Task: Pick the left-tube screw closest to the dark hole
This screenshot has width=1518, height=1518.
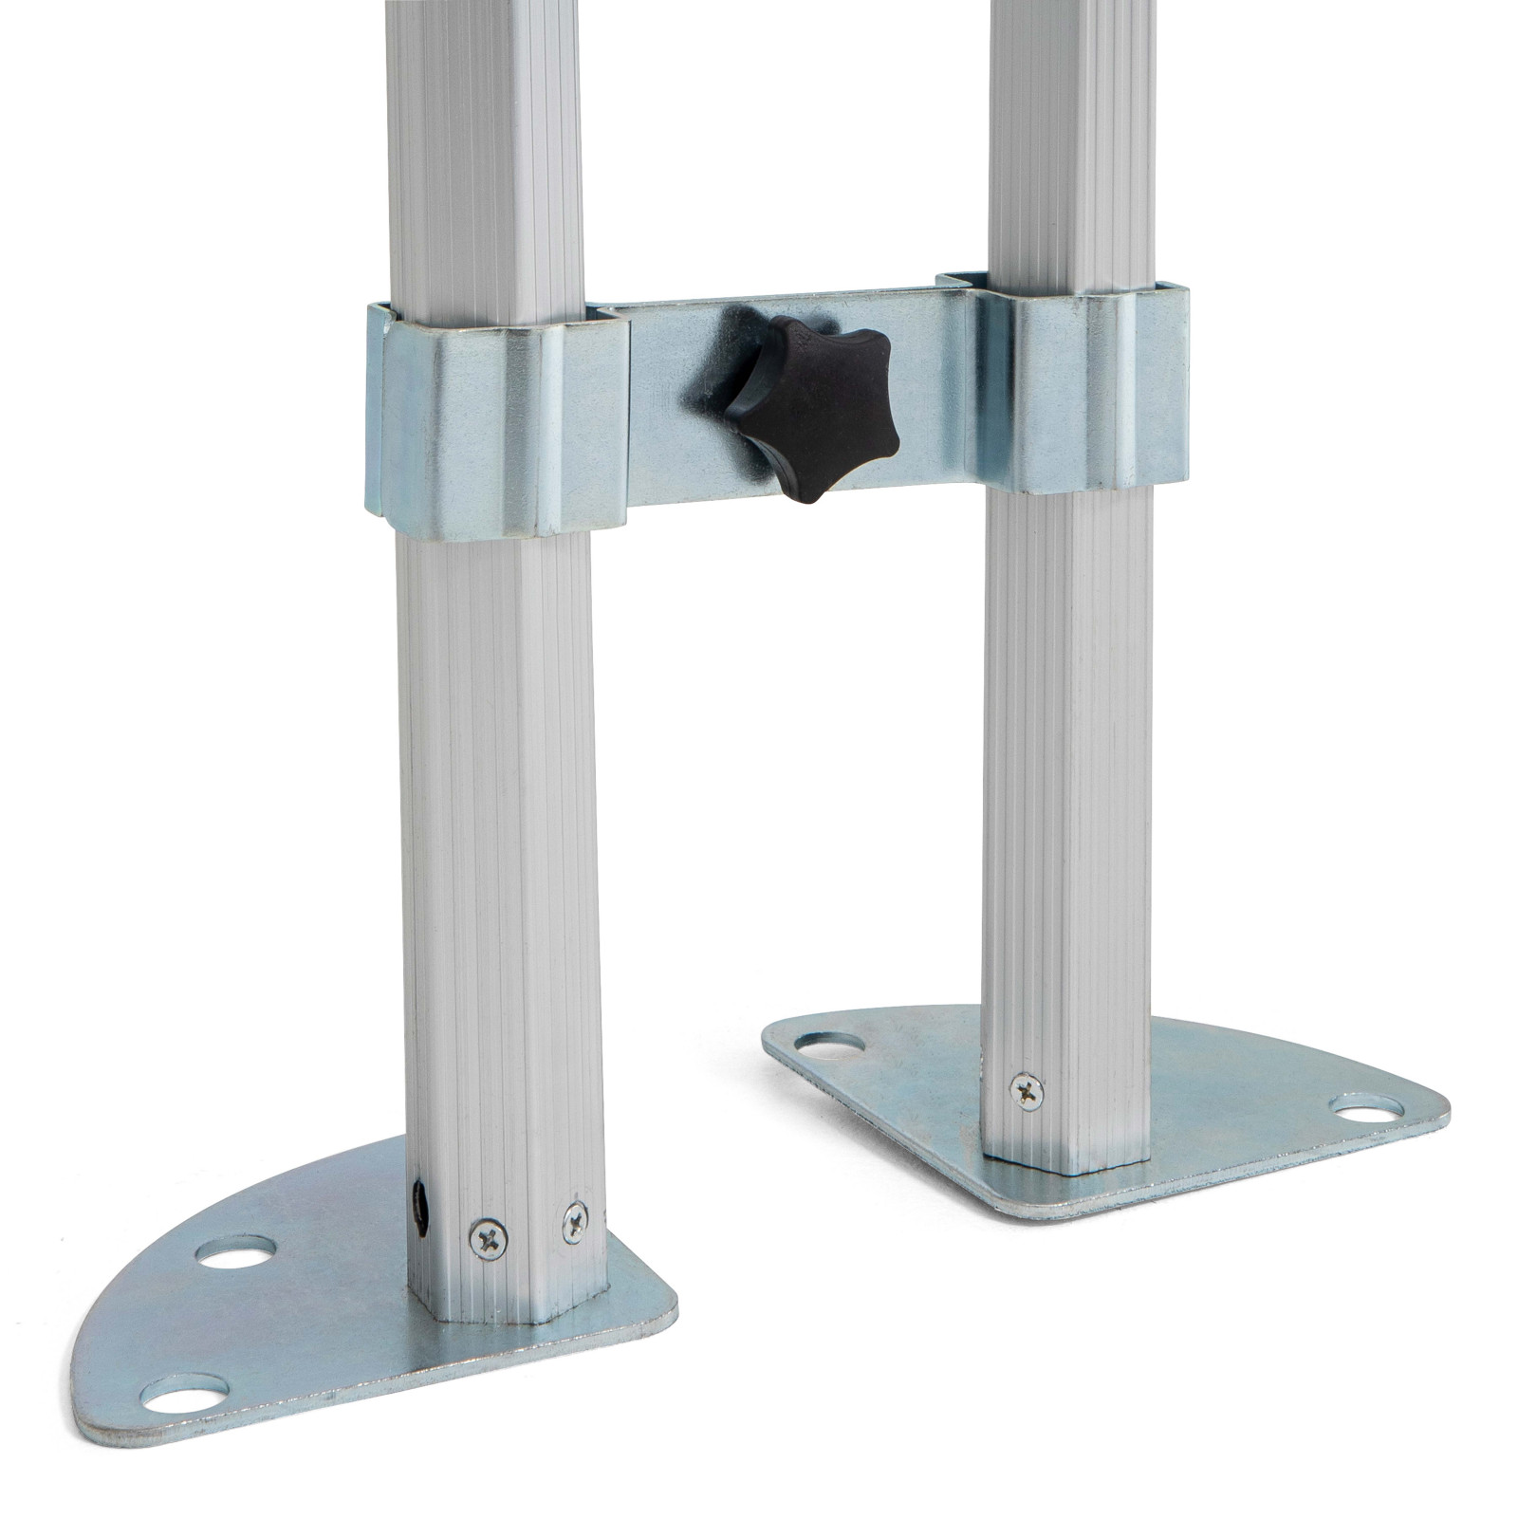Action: (488, 1238)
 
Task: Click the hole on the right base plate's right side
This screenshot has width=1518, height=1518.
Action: (1364, 1106)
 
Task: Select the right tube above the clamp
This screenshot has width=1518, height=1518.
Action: (1072, 142)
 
